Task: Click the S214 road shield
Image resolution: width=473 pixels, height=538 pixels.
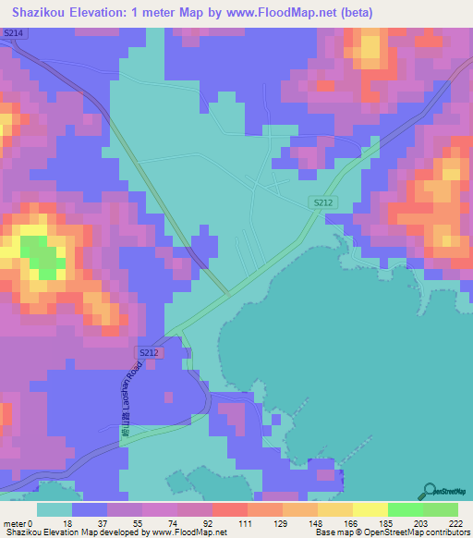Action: [13, 32]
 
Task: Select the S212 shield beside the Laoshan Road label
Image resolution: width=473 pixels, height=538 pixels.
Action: [149, 353]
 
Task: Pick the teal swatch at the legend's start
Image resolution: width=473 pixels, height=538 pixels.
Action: [55, 508]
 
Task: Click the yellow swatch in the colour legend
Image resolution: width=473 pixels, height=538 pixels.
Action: [370, 508]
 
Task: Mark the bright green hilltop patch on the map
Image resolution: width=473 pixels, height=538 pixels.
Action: [40, 255]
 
